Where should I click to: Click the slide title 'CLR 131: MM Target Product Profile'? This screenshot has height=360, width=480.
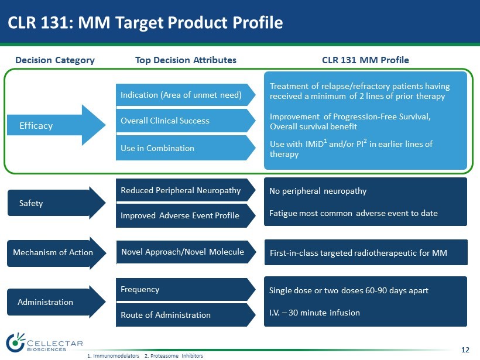point(145,22)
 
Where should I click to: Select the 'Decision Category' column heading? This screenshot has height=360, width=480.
point(55,60)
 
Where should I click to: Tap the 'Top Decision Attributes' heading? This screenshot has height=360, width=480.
point(186,60)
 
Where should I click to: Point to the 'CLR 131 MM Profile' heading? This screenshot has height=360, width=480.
point(365,60)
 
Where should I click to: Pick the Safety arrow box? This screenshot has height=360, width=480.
point(56,203)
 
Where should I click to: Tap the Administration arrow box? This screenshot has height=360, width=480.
point(56,302)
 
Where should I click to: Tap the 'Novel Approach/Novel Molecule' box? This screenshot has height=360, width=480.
point(184,252)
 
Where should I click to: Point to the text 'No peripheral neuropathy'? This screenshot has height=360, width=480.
point(318,191)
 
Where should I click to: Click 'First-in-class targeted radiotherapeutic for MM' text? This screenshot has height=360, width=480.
point(358,253)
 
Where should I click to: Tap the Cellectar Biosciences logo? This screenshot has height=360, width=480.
point(44,343)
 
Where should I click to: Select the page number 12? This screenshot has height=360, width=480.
point(465,350)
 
